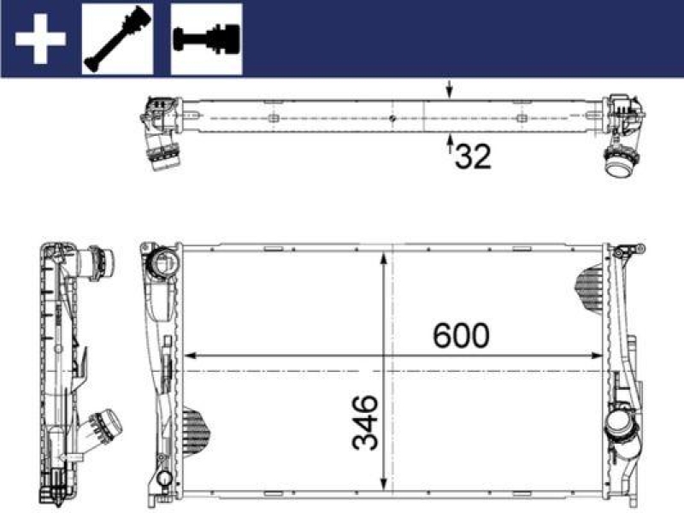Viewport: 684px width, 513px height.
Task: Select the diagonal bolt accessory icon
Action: (x=117, y=39)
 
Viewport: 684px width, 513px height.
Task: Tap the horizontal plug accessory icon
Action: (x=207, y=39)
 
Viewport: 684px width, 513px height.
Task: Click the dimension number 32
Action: (x=473, y=156)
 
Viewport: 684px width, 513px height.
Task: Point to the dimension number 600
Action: (x=461, y=335)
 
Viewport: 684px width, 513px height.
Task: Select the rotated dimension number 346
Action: (x=363, y=422)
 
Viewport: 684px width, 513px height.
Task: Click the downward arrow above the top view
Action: (x=451, y=90)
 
